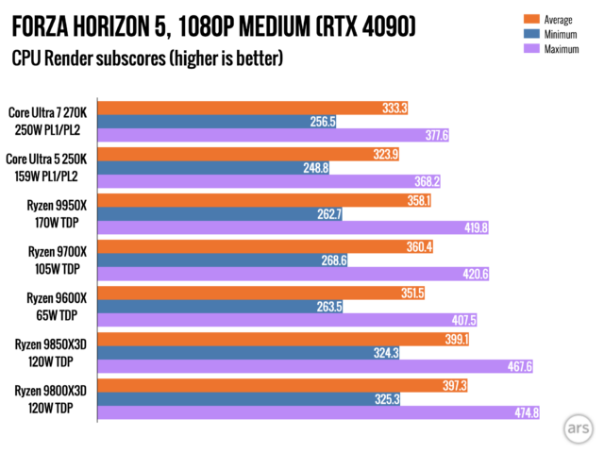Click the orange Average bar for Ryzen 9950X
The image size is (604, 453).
click(264, 200)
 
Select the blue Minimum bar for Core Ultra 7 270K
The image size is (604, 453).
click(217, 122)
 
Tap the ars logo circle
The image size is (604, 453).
click(576, 428)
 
